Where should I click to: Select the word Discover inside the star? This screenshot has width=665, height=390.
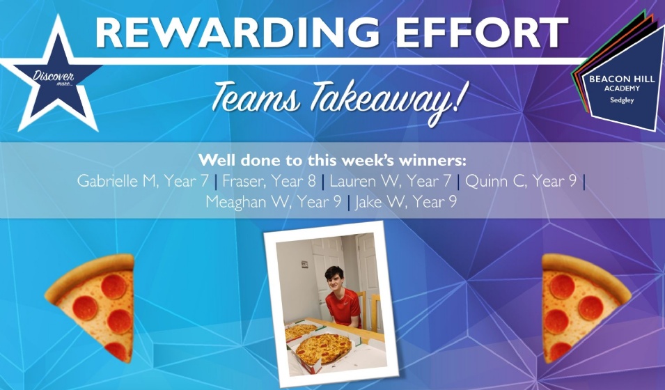(54, 77)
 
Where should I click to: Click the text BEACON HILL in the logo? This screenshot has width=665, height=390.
(622, 79)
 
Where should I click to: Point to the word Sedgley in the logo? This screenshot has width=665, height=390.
(622, 100)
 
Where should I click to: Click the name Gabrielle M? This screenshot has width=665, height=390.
(117, 181)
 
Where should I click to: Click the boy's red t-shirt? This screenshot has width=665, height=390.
(343, 306)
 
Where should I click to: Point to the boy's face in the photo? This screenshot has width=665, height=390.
(335, 280)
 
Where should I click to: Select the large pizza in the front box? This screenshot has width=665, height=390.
(323, 349)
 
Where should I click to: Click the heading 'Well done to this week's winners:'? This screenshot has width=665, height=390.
(333, 160)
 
